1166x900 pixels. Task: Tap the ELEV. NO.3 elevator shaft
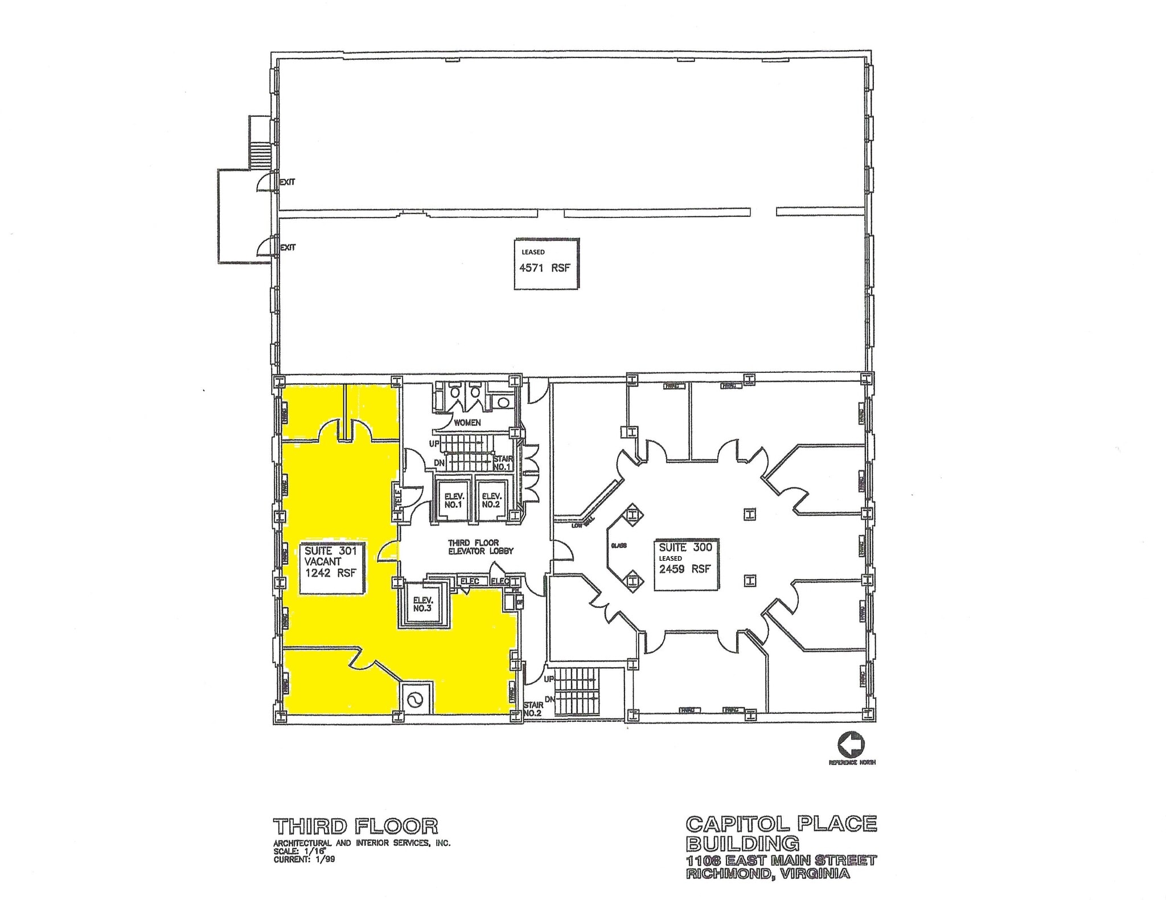point(423,604)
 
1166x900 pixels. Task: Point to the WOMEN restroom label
point(467,422)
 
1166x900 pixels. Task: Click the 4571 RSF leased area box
point(547,264)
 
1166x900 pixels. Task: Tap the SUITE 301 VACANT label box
point(332,568)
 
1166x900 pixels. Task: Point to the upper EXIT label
point(288,182)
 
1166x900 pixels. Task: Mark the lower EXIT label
point(288,248)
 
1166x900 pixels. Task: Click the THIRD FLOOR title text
point(356,826)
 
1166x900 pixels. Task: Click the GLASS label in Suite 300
point(619,545)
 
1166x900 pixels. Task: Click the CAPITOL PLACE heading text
point(781,823)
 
